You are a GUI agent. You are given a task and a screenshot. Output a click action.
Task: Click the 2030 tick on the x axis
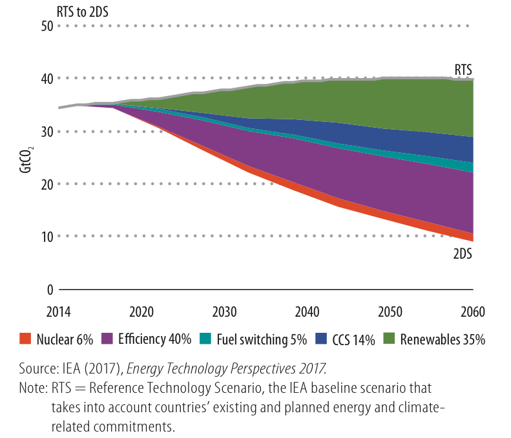click(x=225, y=311)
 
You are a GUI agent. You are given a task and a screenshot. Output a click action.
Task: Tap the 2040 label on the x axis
click(x=308, y=311)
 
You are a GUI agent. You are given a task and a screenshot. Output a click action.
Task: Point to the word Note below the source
click(x=32, y=389)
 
